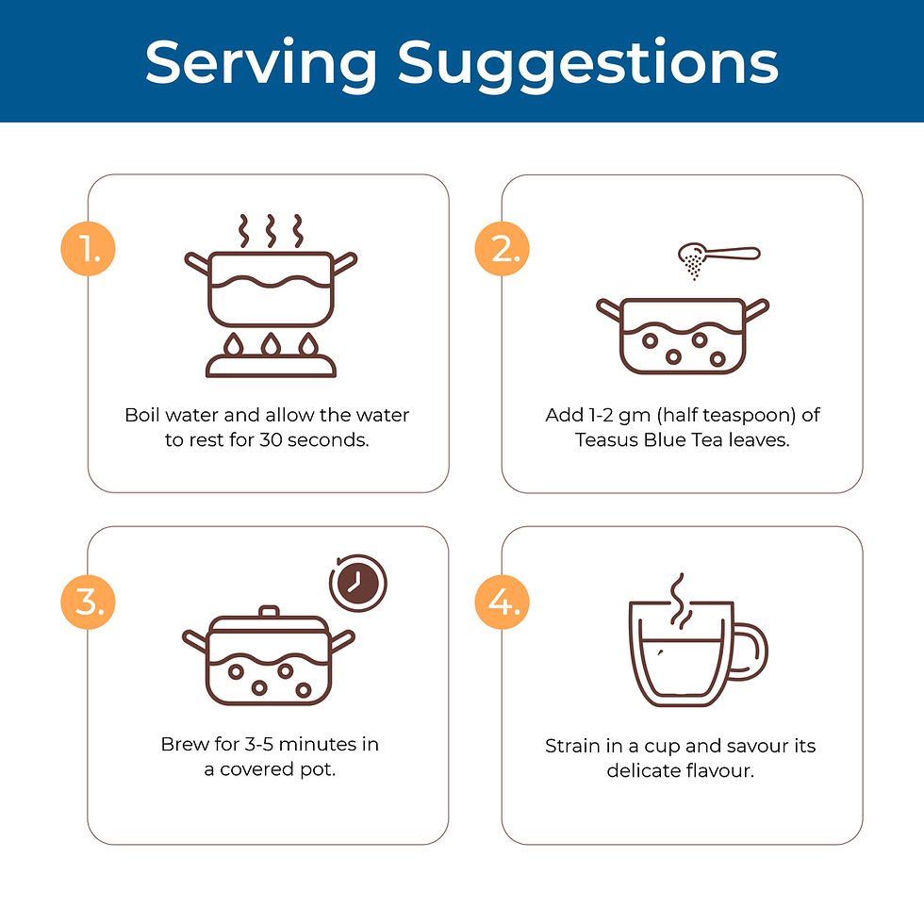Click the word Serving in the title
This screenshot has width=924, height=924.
[261, 65]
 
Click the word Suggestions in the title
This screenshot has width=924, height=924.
[588, 65]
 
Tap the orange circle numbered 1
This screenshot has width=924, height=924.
[88, 249]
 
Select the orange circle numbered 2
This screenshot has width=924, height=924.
[502, 249]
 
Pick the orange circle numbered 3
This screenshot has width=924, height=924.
[88, 602]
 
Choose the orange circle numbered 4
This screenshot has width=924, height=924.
[502, 602]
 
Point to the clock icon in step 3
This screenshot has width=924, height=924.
[357, 584]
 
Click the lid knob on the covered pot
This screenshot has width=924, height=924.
[269, 611]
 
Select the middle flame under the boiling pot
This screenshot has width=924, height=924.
[271, 345]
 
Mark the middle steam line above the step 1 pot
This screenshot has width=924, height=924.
[271, 230]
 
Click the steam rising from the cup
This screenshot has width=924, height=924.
[679, 599]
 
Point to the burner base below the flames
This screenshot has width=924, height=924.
[271, 367]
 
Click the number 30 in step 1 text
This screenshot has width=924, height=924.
[271, 440]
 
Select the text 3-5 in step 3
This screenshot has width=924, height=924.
[258, 744]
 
